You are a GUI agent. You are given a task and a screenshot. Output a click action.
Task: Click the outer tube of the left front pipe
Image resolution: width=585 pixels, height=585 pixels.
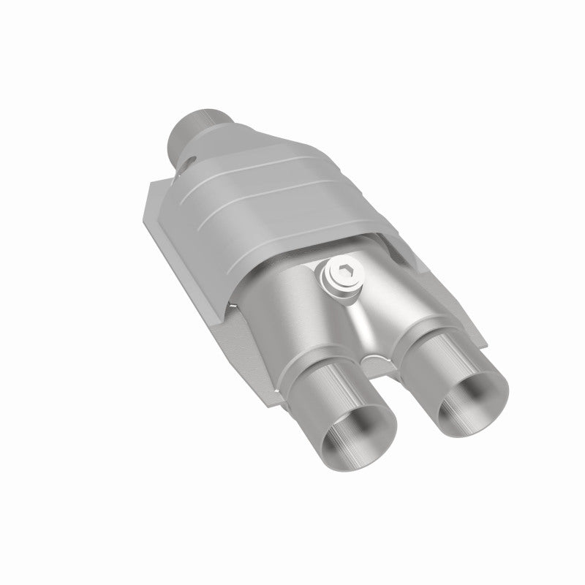322,409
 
